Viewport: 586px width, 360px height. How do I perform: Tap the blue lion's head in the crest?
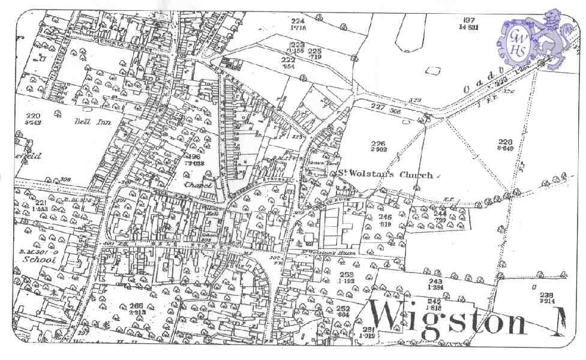549,23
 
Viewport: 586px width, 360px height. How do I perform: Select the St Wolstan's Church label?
384,175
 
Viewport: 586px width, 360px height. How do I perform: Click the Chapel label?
199,185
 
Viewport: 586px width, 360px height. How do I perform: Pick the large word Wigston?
447,319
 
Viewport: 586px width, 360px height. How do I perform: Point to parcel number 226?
378,143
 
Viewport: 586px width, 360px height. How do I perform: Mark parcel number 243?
435,281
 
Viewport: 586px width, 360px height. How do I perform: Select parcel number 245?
384,217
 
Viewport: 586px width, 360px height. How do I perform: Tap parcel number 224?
298,21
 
